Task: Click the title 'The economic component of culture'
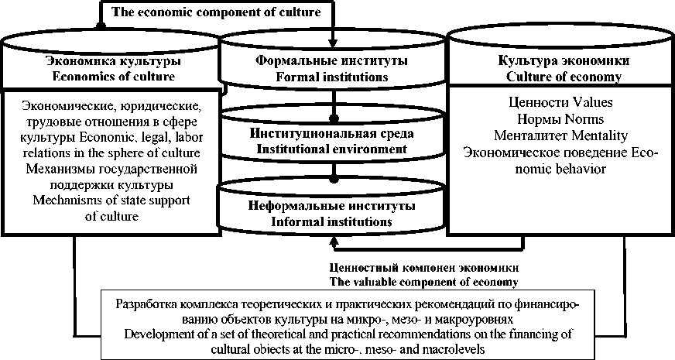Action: (216, 12)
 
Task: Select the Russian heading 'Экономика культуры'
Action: (113, 60)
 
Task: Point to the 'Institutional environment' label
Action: (331, 148)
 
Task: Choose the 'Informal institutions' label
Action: (331, 222)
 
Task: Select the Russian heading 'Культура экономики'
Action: (553, 60)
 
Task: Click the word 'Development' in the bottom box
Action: (159, 334)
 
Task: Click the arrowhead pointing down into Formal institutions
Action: (333, 43)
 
